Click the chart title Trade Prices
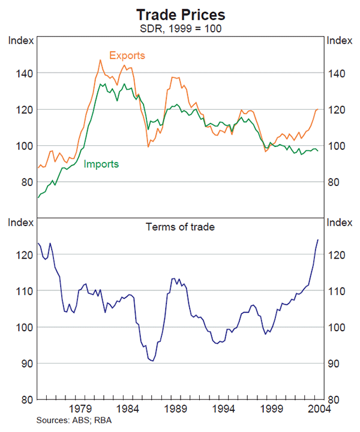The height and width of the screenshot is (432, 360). point(180,14)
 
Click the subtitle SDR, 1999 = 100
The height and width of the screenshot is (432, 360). point(180,28)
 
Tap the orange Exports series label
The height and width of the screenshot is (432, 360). point(127,56)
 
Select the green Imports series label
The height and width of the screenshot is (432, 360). point(101,164)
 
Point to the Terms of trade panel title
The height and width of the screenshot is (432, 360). point(180,227)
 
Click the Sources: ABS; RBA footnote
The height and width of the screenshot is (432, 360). point(74,420)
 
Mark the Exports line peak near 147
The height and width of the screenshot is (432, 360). point(100,60)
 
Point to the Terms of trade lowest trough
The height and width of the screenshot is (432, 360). point(152,361)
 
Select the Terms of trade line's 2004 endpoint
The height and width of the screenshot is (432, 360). point(318,240)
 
